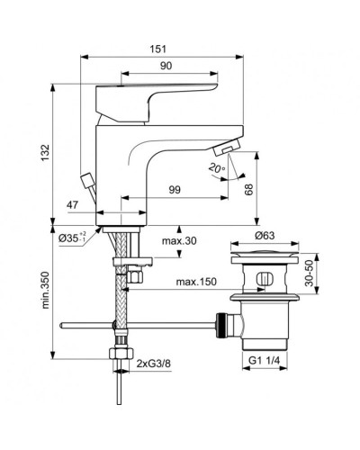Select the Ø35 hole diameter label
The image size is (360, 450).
(72, 238)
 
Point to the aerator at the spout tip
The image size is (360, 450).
(232, 148)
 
